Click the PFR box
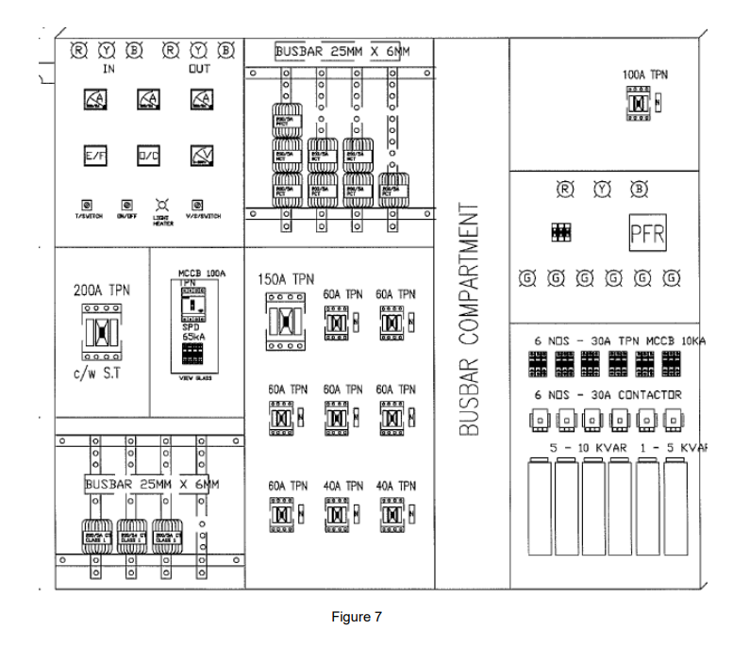tap(646, 234)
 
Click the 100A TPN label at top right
tap(645, 73)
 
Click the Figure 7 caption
tap(357, 617)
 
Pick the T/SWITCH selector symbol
tap(88, 204)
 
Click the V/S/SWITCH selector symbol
tap(198, 204)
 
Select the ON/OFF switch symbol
tap(126, 204)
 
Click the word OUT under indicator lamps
tap(199, 69)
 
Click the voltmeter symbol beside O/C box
tap(199, 156)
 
